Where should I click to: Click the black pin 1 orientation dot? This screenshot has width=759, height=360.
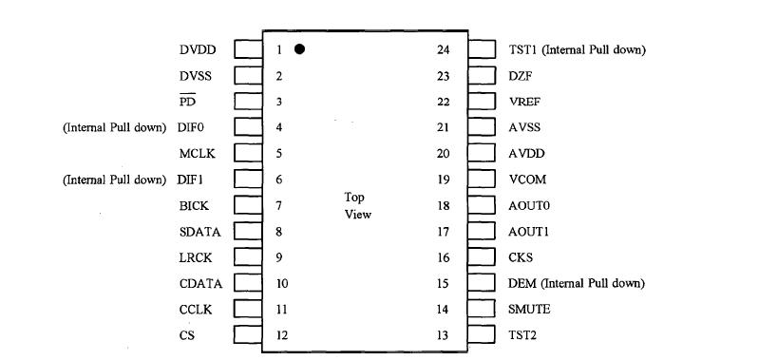tap(299, 49)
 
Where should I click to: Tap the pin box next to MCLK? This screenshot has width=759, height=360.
tap(248, 153)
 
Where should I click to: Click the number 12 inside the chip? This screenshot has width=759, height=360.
tap(282, 335)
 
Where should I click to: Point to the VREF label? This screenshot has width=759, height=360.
tap(524, 102)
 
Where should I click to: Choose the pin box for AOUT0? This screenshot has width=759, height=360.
tap(482, 205)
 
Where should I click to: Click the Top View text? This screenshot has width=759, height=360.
tap(357, 206)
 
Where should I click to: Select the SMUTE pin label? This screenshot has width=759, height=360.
tap(529, 310)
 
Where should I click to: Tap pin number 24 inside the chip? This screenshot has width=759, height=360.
tap(443, 49)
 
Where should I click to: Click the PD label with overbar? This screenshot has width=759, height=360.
tap(187, 102)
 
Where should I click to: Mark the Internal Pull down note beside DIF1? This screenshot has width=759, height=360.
tap(114, 180)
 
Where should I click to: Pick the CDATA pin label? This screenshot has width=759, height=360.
tap(199, 283)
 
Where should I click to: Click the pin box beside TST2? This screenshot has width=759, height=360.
tap(482, 335)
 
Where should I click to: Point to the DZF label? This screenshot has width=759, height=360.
tap(520, 76)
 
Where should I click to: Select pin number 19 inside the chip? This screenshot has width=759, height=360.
tap(443, 180)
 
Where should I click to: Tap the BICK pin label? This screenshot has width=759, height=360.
tap(194, 205)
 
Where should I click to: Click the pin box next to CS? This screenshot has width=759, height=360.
tap(248, 335)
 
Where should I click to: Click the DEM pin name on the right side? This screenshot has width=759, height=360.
tap(522, 283)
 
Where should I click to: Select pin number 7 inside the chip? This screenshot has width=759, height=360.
tap(279, 205)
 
